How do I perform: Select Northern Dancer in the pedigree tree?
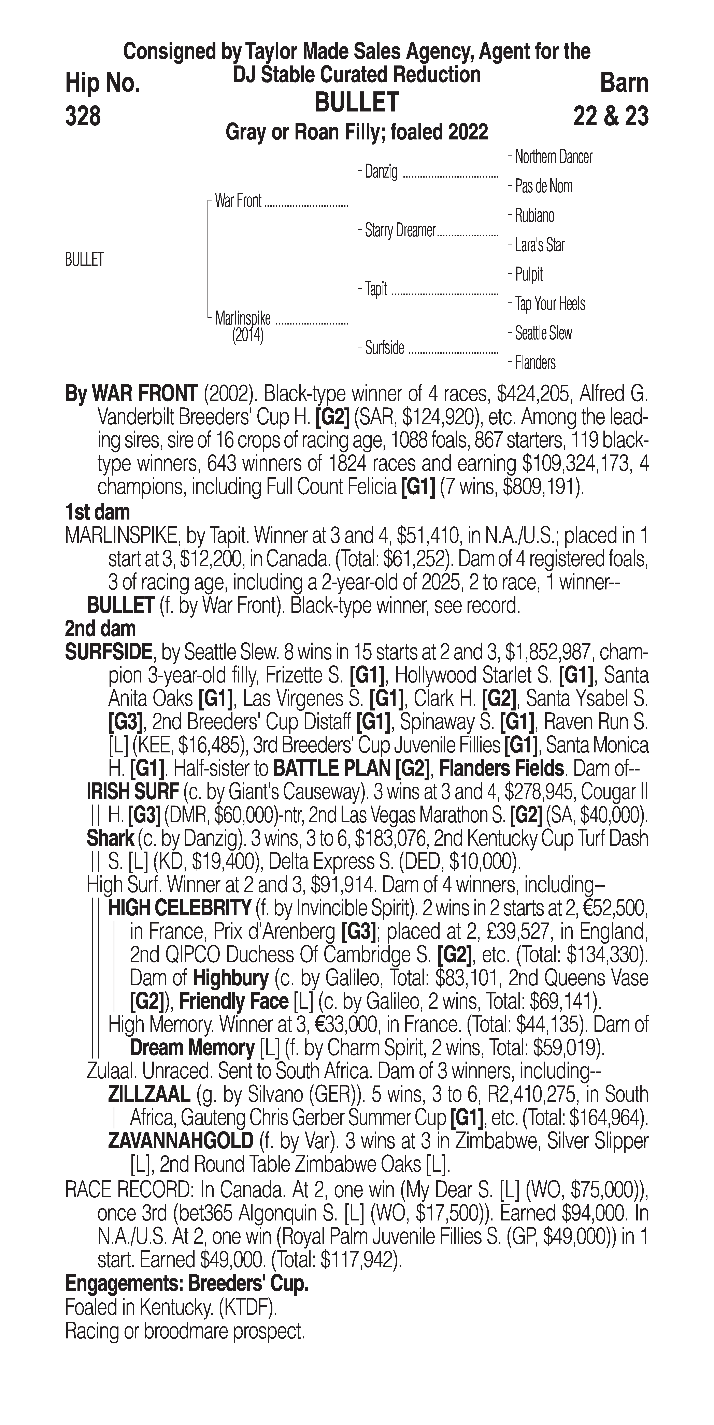point(553,157)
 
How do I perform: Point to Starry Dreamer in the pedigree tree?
point(400,231)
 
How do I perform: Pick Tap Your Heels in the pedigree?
point(550,304)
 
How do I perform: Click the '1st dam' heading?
point(97,512)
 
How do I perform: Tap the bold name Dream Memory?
point(191,1048)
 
